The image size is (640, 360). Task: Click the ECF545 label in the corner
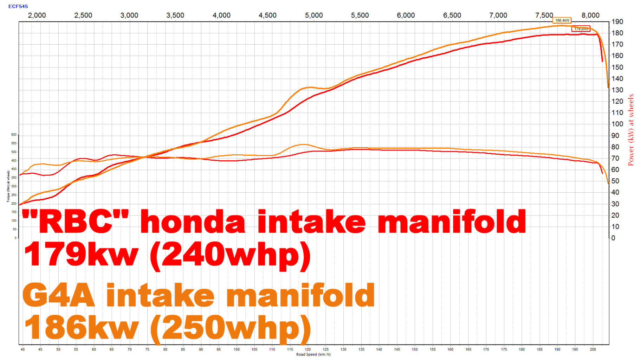(x=18, y=6)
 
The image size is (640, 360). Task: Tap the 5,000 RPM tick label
(x=313, y=15)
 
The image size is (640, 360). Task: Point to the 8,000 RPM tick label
(x=590, y=15)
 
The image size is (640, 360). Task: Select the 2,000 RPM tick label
(x=37, y=15)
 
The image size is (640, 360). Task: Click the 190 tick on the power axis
(x=617, y=22)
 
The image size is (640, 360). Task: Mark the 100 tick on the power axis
(x=617, y=124)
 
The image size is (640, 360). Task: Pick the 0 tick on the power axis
(x=613, y=238)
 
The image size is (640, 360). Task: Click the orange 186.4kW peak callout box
(x=562, y=20)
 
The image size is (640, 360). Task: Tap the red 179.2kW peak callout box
(x=581, y=29)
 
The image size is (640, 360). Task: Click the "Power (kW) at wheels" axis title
(x=631, y=130)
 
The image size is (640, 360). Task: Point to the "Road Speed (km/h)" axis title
(x=313, y=354)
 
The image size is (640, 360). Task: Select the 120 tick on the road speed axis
(x=308, y=349)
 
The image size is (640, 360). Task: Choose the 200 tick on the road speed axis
(x=593, y=349)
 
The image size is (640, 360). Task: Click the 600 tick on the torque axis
(x=14, y=135)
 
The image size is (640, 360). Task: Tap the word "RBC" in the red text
(x=75, y=221)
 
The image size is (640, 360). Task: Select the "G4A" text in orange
(x=59, y=295)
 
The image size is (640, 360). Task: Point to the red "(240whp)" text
(x=231, y=255)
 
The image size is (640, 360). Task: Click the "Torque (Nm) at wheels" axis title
(x=8, y=186)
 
